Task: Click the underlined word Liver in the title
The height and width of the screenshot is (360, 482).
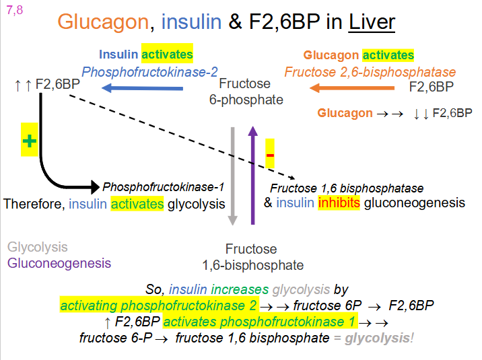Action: (x=372, y=22)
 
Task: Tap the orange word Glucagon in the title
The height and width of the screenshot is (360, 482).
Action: (x=102, y=22)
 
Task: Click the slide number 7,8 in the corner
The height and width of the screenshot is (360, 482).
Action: (x=13, y=9)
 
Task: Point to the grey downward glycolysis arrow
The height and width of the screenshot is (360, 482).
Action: (x=232, y=175)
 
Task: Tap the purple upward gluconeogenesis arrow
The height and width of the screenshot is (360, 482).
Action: (x=252, y=175)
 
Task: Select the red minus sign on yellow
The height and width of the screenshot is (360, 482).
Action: (x=270, y=155)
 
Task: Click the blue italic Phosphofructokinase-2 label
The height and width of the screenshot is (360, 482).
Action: (x=149, y=71)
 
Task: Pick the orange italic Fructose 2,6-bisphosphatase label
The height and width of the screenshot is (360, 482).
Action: (x=370, y=71)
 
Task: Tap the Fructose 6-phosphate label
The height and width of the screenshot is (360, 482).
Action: (x=245, y=92)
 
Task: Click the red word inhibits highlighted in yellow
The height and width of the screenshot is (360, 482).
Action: (x=339, y=203)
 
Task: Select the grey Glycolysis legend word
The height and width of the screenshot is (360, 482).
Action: (x=38, y=248)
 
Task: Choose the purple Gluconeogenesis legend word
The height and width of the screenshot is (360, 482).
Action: (x=59, y=263)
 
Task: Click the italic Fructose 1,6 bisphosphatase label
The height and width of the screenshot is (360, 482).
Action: (x=347, y=188)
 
